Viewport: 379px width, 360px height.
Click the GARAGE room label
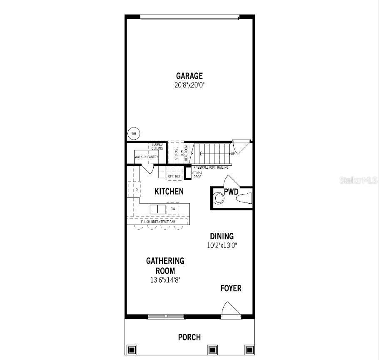click(x=189, y=76)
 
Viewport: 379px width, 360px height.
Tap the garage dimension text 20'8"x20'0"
click(x=189, y=85)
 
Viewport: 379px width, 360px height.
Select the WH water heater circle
click(x=134, y=134)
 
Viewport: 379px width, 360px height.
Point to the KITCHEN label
click(x=169, y=192)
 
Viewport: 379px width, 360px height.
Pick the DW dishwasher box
click(x=172, y=208)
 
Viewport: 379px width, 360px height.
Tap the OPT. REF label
click(x=174, y=176)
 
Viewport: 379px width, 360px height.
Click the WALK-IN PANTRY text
click(x=146, y=157)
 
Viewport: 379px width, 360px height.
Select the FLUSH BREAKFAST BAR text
click(x=158, y=222)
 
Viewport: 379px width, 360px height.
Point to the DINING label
click(x=221, y=236)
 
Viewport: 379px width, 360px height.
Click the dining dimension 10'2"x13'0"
click(x=222, y=245)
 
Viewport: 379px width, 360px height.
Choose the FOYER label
click(x=231, y=288)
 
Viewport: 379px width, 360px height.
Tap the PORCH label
click(x=189, y=337)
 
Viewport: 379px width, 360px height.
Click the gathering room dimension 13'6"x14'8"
click(x=165, y=280)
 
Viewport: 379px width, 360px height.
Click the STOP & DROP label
click(x=197, y=175)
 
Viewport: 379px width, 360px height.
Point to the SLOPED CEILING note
click(x=157, y=146)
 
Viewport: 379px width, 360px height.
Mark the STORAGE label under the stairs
click(x=176, y=153)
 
